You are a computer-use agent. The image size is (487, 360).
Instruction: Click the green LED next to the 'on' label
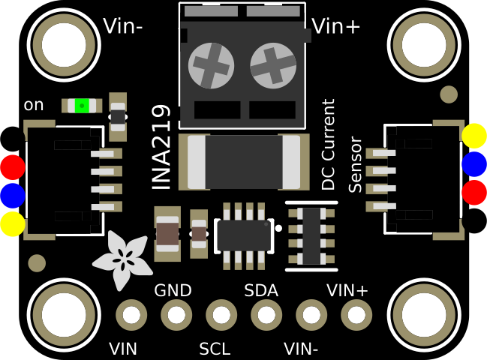pos(82,106)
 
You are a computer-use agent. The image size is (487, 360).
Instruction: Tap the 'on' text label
pos(34,105)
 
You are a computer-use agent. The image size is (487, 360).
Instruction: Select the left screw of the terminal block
pos(211,65)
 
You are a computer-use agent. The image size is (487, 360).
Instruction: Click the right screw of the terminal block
pos(273,65)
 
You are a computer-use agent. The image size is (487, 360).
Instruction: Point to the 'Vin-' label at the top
pos(123,27)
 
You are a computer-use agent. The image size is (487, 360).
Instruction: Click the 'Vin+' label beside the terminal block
pos(336,27)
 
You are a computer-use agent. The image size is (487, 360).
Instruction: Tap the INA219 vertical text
pos(162,146)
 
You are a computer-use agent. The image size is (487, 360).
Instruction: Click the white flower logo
pos(122,259)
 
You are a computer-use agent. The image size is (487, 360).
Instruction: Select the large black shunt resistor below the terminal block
pos(244,162)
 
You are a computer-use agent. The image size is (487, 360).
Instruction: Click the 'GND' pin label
pos(173,290)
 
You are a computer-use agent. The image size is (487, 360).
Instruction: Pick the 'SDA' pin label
pos(261,290)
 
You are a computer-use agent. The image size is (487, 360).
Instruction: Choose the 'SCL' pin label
pos(215,349)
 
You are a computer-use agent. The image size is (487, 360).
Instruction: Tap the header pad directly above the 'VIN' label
pos(131,315)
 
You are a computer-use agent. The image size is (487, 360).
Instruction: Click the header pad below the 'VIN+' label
pos(356,315)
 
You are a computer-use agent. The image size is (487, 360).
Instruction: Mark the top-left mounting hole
pos(64,44)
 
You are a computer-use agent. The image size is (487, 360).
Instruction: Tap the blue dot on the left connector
pos(12,195)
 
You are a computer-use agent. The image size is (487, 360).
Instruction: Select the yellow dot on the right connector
pos(474,136)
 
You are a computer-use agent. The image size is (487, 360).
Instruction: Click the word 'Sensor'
pos(356,164)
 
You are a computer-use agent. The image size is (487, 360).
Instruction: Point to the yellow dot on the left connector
pos(12,224)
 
